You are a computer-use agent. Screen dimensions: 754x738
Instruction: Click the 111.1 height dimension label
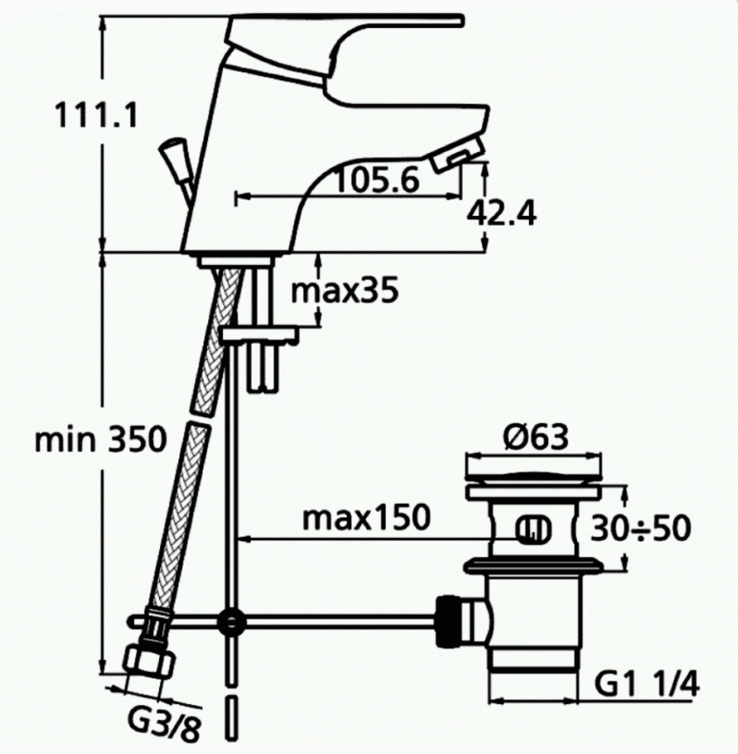95,115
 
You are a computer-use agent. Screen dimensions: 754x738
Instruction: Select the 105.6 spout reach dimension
377,180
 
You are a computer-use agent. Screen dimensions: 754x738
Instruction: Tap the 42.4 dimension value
501,213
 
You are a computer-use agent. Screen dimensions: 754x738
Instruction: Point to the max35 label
345,290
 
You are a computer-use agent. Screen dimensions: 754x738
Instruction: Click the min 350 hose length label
100,439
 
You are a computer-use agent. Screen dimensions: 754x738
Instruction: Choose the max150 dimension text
366,518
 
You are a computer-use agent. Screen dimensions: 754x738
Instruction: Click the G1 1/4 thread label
648,683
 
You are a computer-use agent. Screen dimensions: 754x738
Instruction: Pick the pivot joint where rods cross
231,622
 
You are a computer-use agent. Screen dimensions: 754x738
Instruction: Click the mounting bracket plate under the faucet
261,334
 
